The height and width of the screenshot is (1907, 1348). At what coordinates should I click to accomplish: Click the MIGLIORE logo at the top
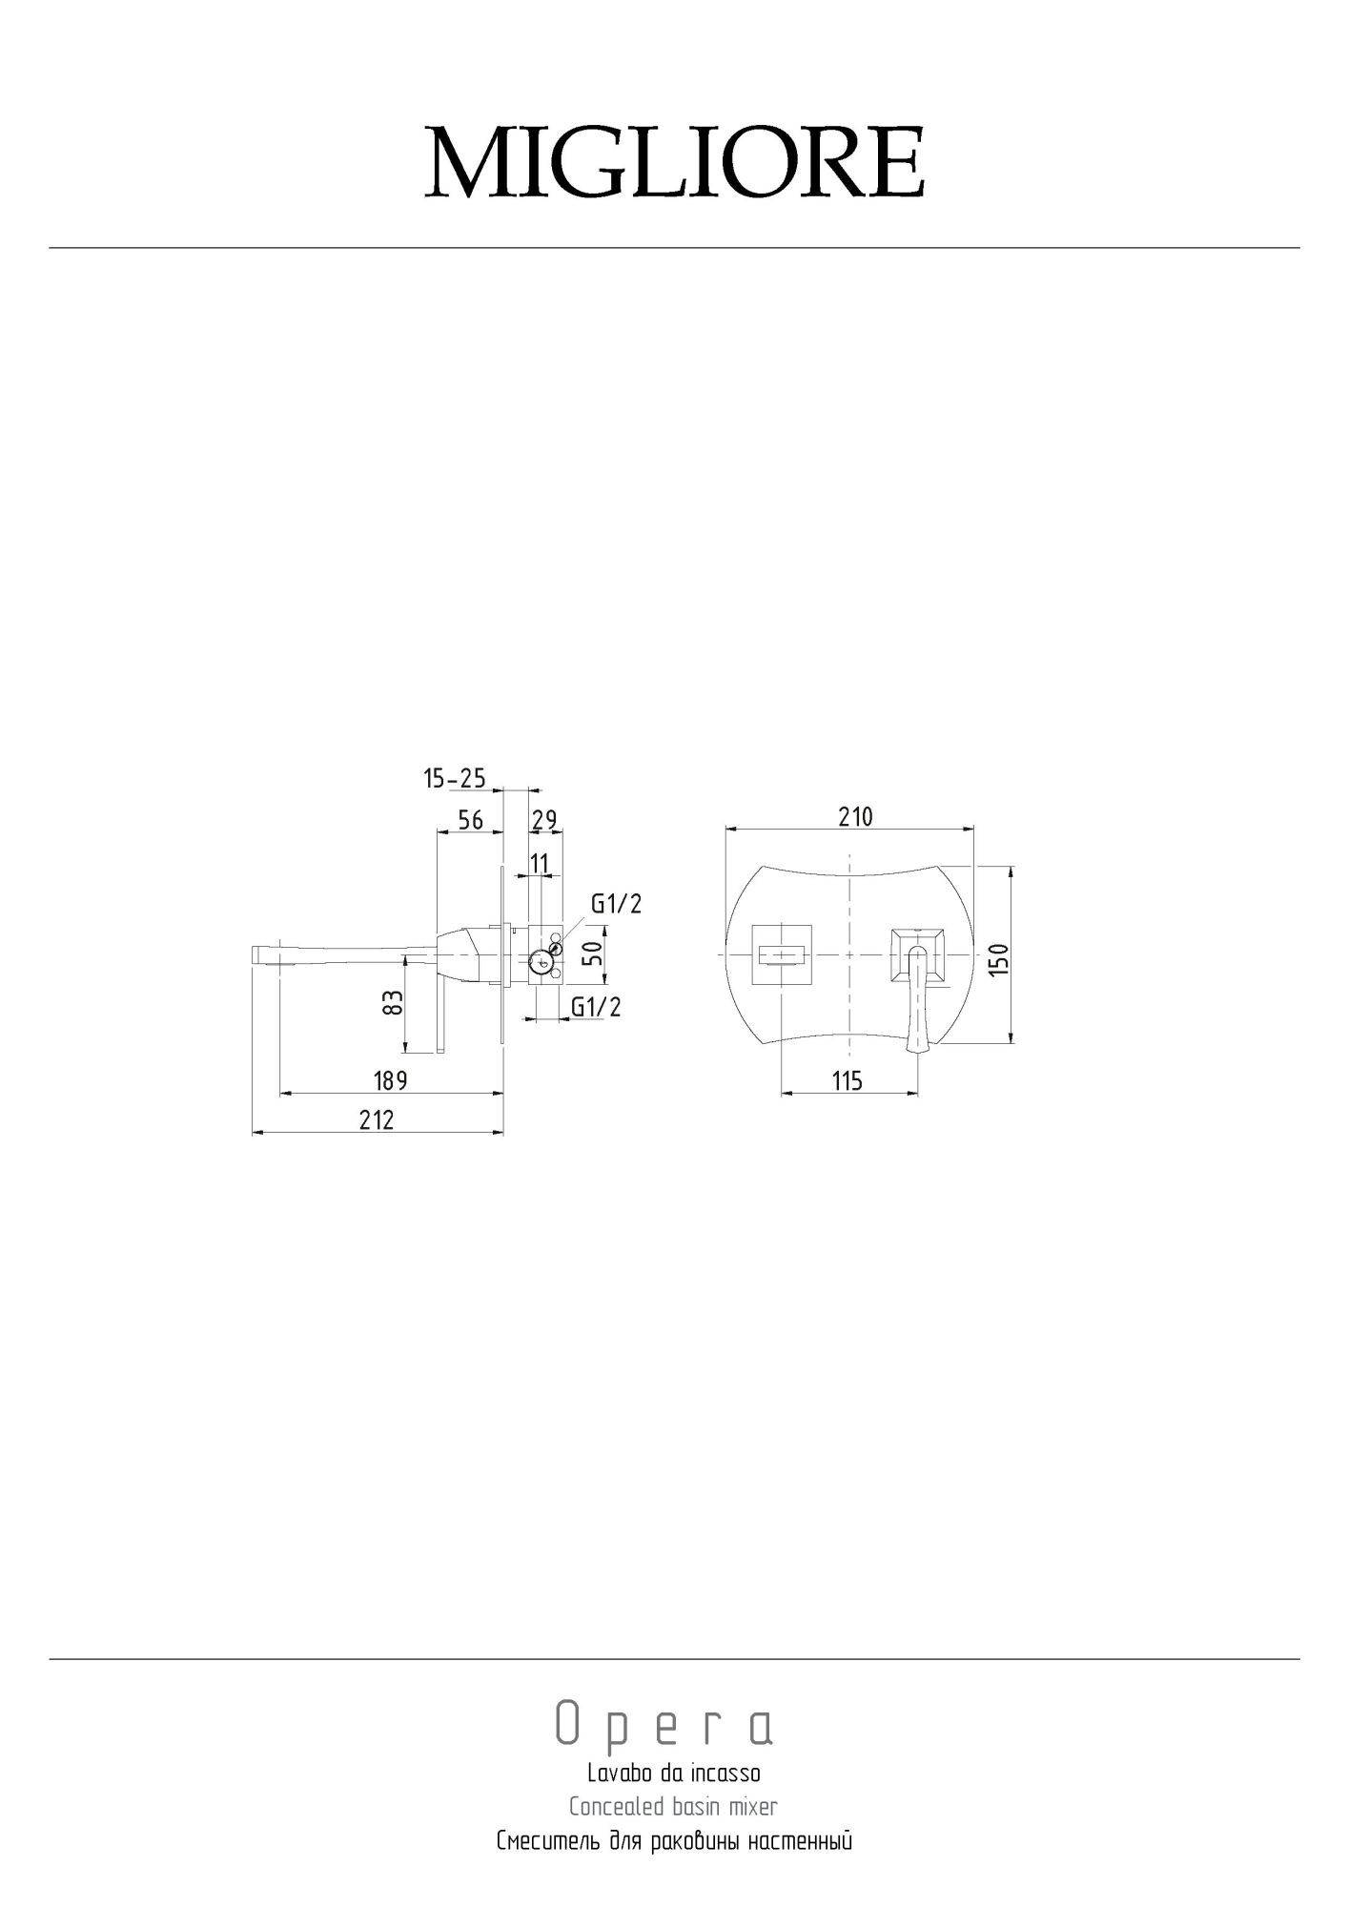pyautogui.click(x=674, y=162)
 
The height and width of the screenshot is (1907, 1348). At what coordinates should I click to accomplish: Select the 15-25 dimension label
pyautogui.click(x=455, y=779)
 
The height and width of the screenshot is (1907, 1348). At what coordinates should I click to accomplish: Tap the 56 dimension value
pyautogui.click(x=471, y=820)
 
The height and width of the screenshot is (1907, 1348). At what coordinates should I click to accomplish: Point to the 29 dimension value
pyautogui.click(x=544, y=820)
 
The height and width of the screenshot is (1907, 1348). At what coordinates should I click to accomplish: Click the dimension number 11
pyautogui.click(x=540, y=864)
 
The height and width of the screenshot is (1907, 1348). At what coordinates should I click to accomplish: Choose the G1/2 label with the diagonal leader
pyautogui.click(x=617, y=904)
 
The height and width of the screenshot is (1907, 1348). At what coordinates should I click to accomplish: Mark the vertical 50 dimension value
pyautogui.click(x=593, y=953)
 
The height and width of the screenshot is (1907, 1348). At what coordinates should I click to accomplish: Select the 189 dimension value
pyautogui.click(x=390, y=1080)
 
